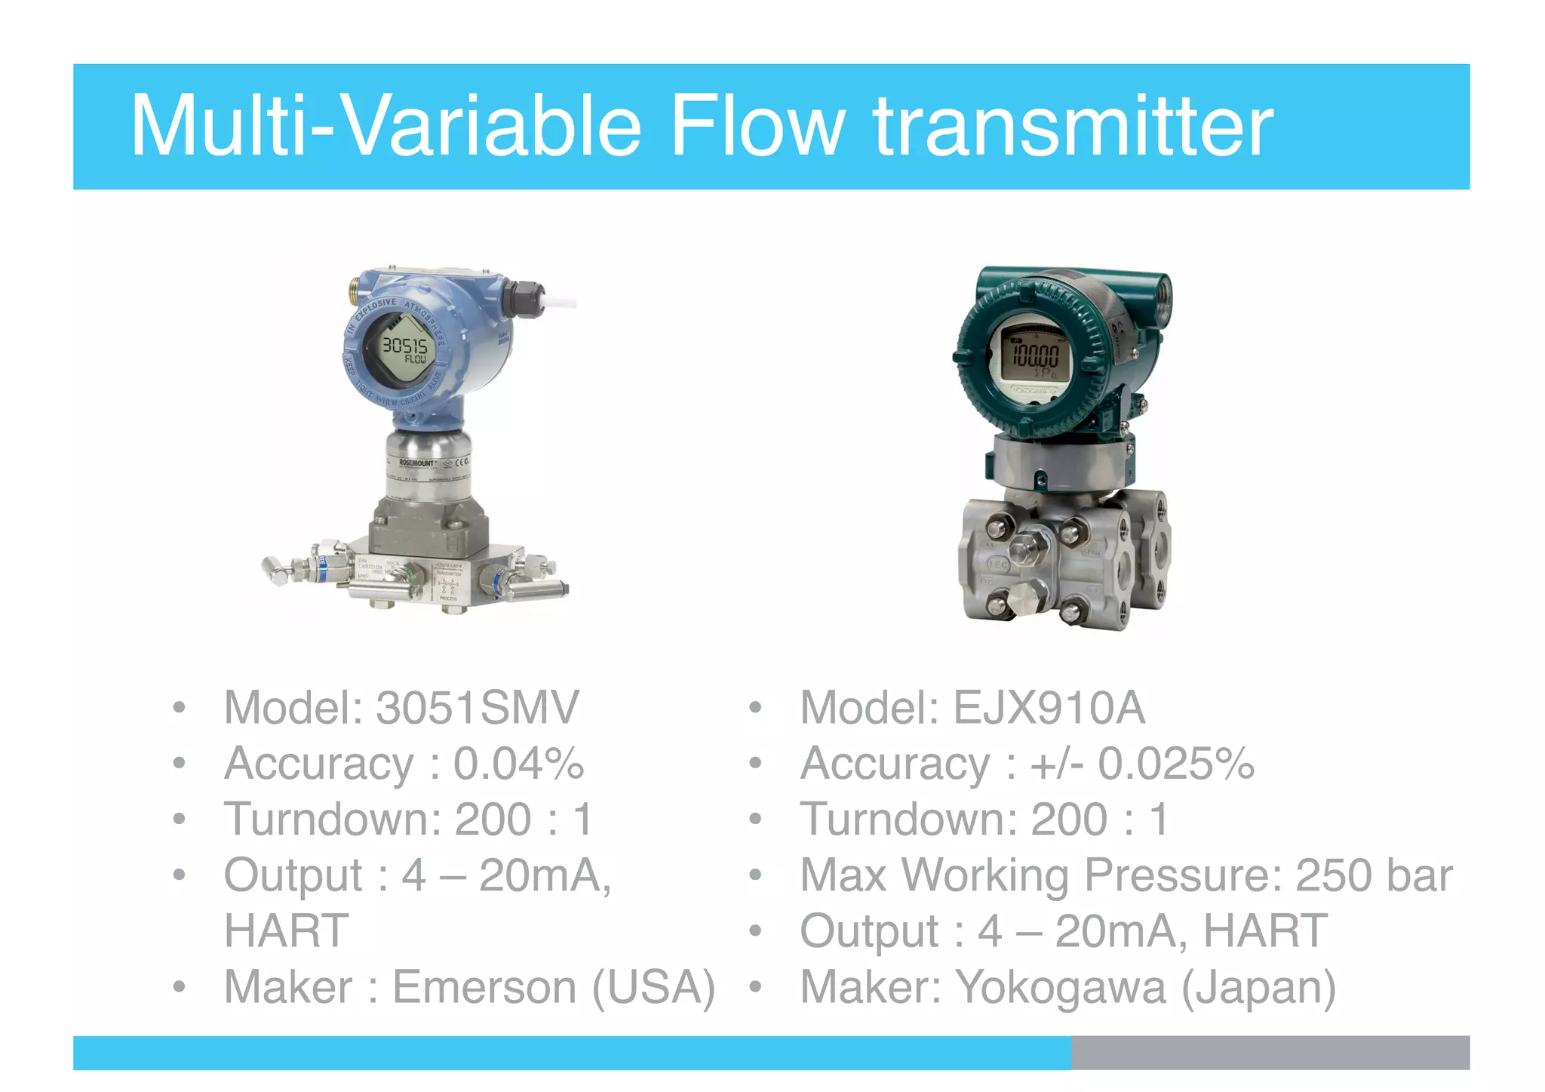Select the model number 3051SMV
pyautogui.click(x=477, y=708)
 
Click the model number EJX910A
pyautogui.click(x=1048, y=708)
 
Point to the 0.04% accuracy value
pyautogui.click(x=518, y=764)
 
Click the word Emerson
pyautogui.click(x=484, y=987)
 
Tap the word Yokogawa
pyautogui.click(x=1061, y=987)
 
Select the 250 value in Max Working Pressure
pyautogui.click(x=1332, y=875)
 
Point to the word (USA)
pyautogui.click(x=653, y=987)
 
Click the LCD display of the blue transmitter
pyautogui.click(x=405, y=349)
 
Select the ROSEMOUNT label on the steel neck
pyautogui.click(x=416, y=462)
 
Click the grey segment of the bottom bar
pyautogui.click(x=1270, y=1052)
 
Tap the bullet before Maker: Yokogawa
pyautogui.click(x=755, y=987)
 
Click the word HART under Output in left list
pyautogui.click(x=286, y=931)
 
